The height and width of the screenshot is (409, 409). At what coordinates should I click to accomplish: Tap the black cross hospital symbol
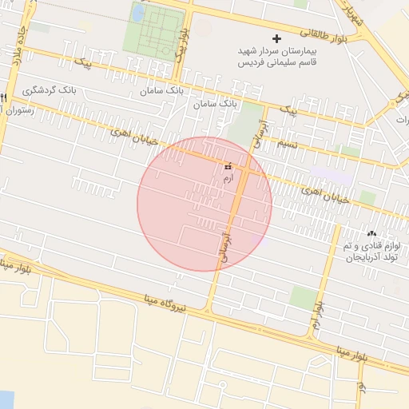point(277,38)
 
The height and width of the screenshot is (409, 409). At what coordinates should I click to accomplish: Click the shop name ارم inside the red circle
point(228,179)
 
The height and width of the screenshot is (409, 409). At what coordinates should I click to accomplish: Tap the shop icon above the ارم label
point(228,167)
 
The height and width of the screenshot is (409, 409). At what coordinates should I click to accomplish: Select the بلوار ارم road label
point(318,316)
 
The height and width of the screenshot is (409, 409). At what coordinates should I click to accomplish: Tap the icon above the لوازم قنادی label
point(371,234)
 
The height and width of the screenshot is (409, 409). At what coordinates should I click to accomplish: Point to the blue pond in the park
point(138,14)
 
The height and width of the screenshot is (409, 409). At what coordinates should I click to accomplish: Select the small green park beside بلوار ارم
point(302,299)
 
